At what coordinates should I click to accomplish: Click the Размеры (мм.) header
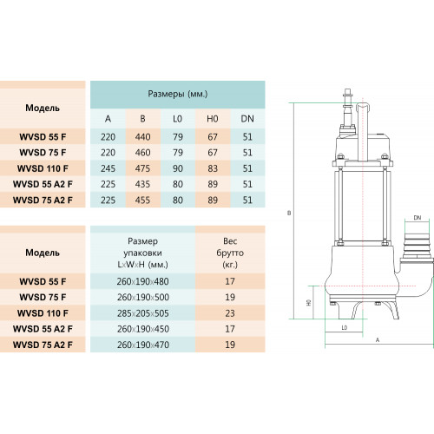[178, 94]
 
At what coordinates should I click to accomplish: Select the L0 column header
[177, 119]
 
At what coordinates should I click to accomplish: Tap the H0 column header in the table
[213, 119]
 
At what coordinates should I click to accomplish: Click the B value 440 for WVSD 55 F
[142, 137]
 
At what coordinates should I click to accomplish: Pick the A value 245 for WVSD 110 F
[108, 168]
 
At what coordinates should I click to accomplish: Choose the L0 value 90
[178, 168]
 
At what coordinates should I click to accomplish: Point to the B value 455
[142, 200]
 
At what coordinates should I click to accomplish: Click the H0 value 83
[213, 168]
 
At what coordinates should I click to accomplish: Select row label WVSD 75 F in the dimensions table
[43, 153]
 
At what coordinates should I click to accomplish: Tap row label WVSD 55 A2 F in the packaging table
[43, 329]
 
